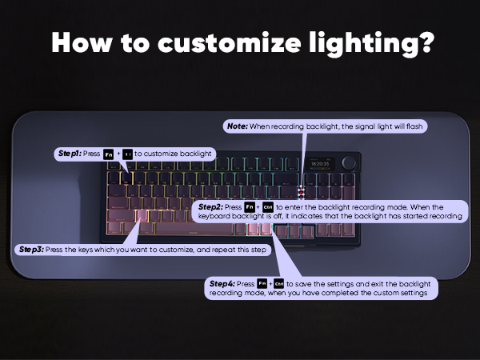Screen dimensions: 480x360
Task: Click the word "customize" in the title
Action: click(230, 43)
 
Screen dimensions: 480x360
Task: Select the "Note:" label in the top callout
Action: click(238, 126)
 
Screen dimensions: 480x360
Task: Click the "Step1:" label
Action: click(70, 154)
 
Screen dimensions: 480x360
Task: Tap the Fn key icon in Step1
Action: click(108, 154)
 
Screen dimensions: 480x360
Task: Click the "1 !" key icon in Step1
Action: click(127, 154)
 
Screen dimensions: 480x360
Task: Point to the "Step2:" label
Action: click(210, 207)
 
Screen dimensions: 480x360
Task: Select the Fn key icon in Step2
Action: click(250, 207)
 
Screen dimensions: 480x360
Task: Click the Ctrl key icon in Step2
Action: click(268, 207)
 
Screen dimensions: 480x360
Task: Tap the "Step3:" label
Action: click(31, 250)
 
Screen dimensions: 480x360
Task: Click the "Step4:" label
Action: click(222, 284)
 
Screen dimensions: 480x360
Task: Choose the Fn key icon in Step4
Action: click(262, 284)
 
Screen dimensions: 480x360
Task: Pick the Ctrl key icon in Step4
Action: click(279, 284)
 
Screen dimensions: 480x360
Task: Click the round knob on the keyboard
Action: click(349, 163)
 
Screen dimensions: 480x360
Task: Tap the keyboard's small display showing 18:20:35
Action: click(320, 164)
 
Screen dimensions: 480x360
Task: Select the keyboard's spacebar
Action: click(194, 229)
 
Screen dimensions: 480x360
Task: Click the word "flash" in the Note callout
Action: click(414, 126)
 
